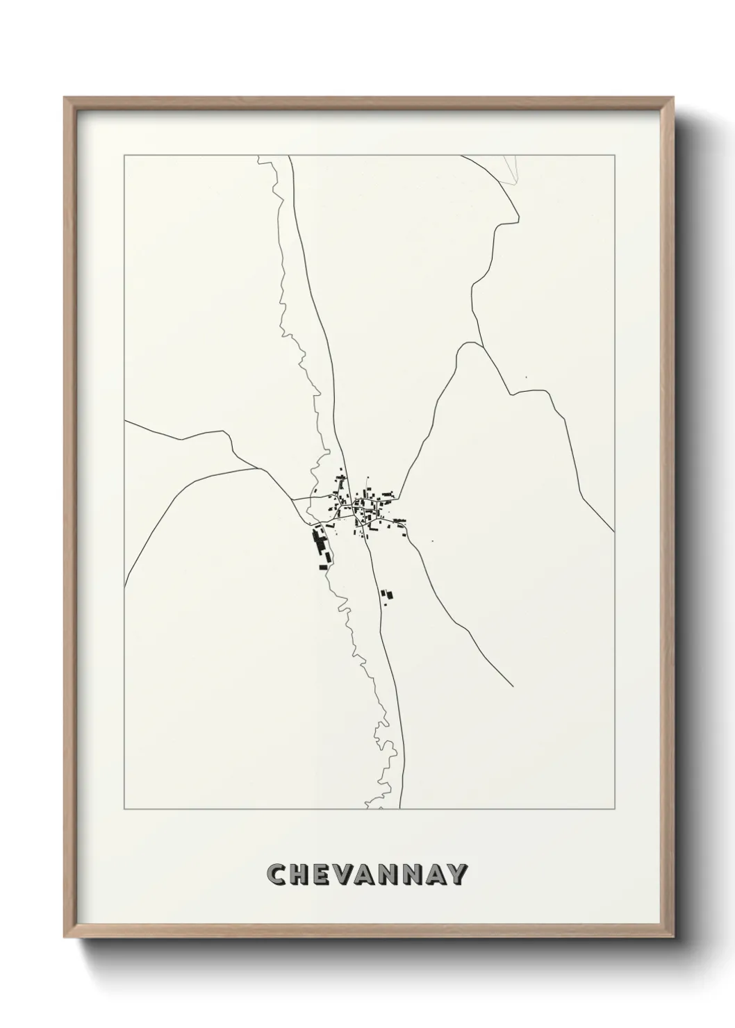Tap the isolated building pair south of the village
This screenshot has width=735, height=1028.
[386, 595]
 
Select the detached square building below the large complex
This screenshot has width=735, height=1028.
[323, 567]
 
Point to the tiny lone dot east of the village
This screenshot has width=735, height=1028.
[432, 541]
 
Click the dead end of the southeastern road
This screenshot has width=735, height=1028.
[513, 686]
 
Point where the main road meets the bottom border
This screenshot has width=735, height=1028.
[399, 809]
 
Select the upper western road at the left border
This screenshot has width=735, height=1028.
[125, 421]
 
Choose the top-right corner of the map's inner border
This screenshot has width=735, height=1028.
[613, 156]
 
